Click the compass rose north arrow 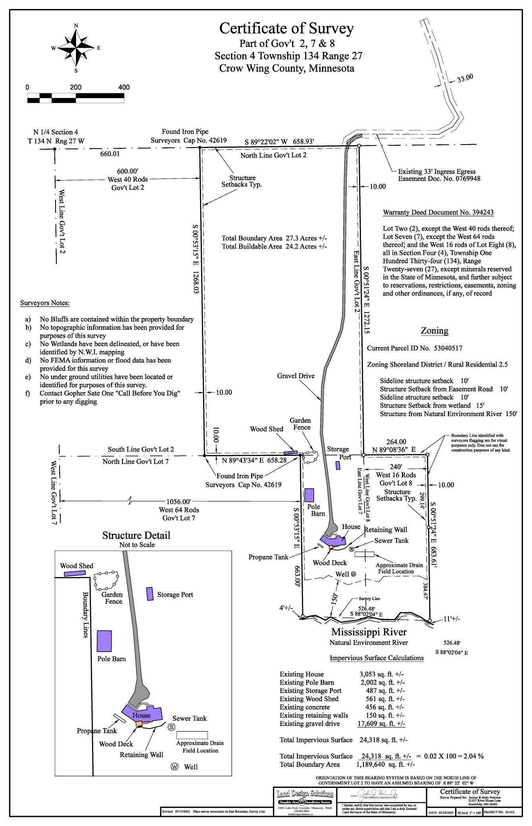click(76, 34)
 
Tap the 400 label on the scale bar click(124, 87)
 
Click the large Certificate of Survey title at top click(286, 29)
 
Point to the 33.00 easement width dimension click(465, 78)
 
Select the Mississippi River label click(369, 631)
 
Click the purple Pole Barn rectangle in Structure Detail click(105, 641)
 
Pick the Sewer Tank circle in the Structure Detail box click(171, 727)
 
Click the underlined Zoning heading click(434, 330)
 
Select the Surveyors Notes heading click(45, 303)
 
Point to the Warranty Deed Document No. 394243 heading click(438, 212)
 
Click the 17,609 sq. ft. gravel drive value click(381, 724)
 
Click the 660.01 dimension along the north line click(110, 153)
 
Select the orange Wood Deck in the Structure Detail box click(139, 725)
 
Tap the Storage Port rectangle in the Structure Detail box click(150, 594)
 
